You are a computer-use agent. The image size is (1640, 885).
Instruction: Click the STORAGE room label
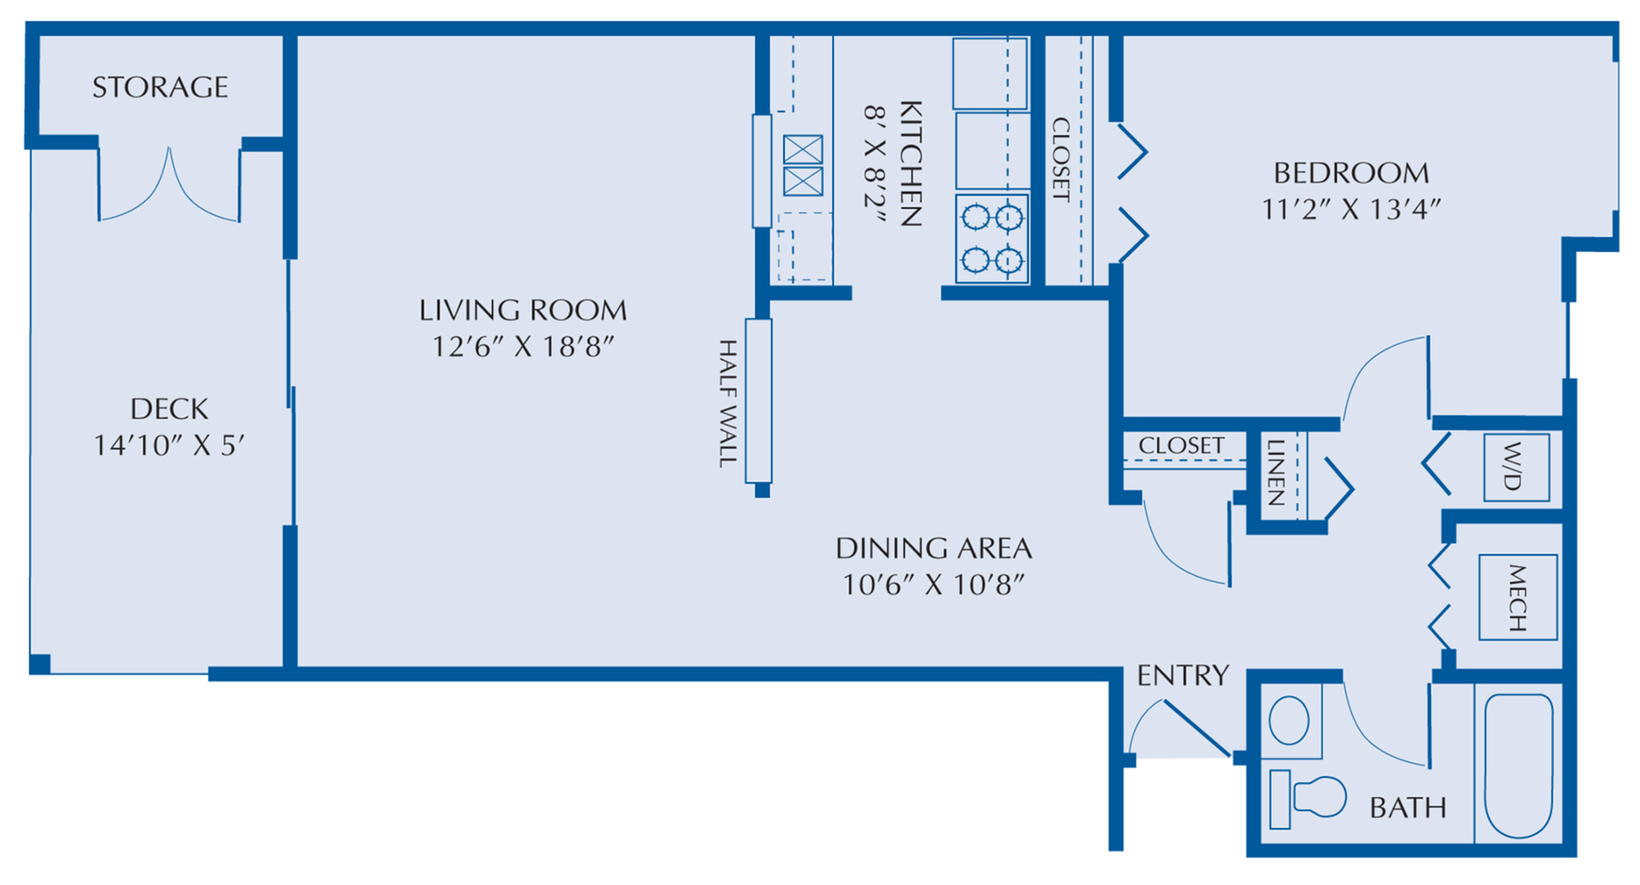160,87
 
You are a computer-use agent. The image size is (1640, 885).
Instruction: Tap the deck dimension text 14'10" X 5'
169,445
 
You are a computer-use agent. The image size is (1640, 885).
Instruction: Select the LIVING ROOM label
522,310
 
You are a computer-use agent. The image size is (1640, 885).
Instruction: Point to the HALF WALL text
728,403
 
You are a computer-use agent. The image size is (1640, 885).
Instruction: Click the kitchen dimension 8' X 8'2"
875,164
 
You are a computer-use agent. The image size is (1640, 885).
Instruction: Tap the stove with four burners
992,238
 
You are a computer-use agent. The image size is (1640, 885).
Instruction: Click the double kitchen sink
802,165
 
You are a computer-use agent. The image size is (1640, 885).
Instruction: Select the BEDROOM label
1350,172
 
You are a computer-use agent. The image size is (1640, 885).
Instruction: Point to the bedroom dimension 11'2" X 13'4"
1350,209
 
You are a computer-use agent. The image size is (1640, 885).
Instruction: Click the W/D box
1515,467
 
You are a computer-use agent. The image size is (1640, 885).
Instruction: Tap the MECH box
1517,597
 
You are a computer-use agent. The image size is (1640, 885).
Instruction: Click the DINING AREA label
932,548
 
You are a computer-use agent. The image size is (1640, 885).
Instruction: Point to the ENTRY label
1182,675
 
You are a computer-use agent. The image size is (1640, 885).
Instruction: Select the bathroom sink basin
1289,721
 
